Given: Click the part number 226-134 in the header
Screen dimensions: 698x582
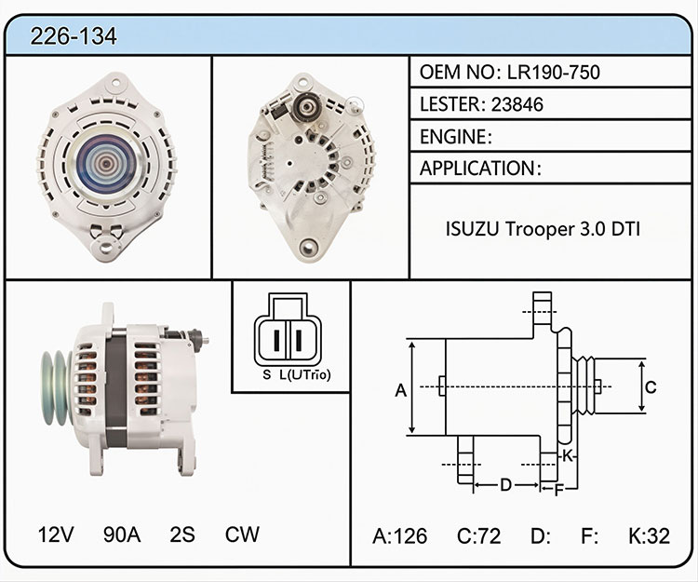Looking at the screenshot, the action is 74,36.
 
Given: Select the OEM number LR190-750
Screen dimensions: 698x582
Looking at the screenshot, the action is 554,72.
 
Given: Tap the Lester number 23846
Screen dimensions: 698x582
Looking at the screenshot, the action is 517,104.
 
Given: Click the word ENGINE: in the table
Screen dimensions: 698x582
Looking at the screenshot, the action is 455,137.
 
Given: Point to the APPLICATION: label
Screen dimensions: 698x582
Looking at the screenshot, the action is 480,169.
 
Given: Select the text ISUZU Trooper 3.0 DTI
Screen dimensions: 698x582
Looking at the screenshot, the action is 543,229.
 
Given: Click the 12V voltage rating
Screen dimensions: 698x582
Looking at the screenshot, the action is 56,535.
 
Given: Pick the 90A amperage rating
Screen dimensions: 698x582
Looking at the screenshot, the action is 122,535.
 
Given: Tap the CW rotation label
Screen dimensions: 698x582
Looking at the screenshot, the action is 242,535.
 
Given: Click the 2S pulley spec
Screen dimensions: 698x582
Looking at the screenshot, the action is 182,535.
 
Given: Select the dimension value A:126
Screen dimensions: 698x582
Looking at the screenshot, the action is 399,535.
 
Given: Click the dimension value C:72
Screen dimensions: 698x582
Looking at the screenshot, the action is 478,535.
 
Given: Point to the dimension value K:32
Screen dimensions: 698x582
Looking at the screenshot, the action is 649,535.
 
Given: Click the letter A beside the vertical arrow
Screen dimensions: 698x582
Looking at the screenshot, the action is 400,390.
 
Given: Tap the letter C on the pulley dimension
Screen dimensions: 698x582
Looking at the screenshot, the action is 651,387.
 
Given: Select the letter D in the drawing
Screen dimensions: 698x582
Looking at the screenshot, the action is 505,484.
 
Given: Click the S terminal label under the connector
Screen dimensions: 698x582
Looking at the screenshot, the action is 267,375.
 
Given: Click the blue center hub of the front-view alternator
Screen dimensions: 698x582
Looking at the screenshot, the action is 106,163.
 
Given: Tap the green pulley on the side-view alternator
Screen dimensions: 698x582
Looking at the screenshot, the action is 57,388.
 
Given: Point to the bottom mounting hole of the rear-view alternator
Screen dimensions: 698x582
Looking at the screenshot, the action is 308,247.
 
